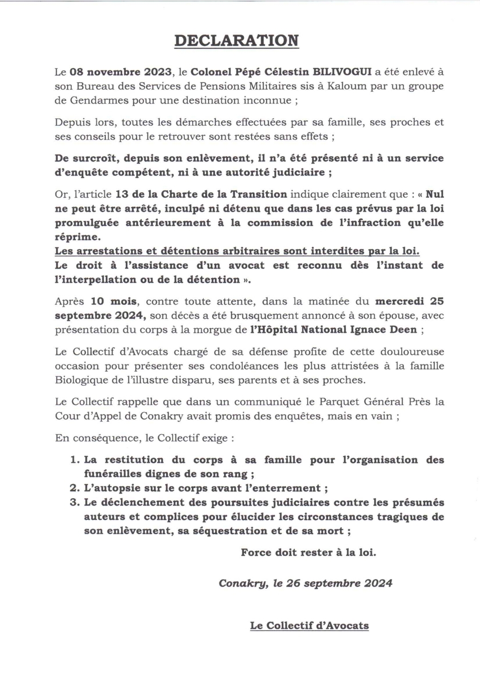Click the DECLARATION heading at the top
pos(236,40)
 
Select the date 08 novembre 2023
pos(120,72)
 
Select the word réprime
pos(77,237)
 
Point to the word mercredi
pos(399,301)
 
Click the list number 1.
pos(74,460)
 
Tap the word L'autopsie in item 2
pos(111,488)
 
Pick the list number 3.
pos(74,503)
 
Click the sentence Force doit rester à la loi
pos(308,552)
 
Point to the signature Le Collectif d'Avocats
pos(309,625)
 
